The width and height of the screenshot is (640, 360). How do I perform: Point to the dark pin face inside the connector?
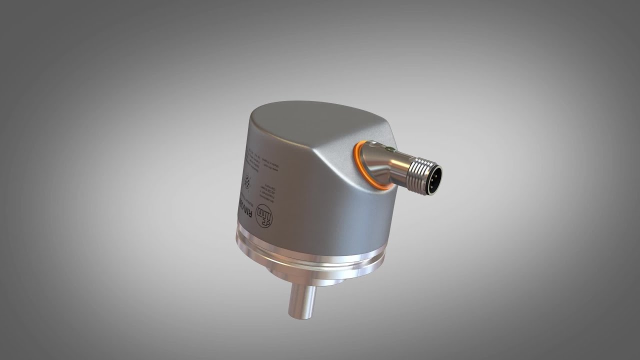[x=433, y=178]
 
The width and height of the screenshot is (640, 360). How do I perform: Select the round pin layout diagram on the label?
[x=247, y=180]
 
